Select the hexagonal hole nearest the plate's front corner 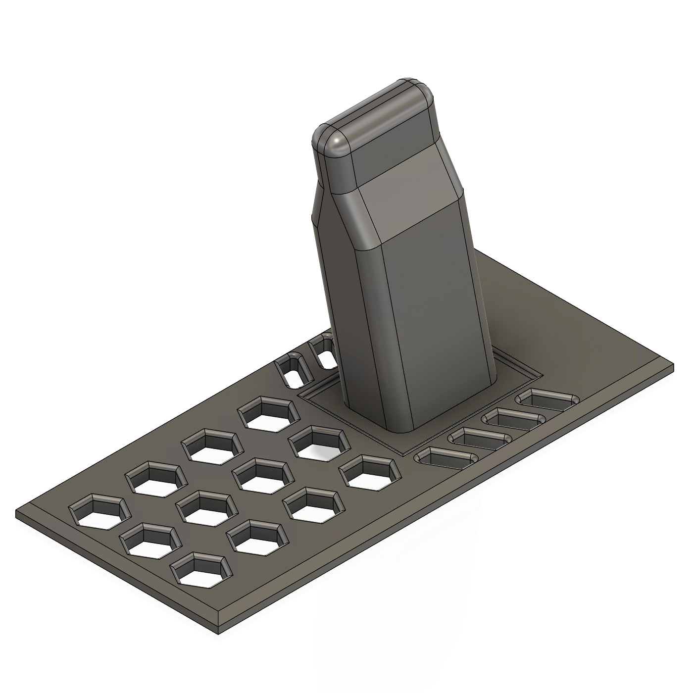tap(201, 571)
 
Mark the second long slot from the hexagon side tap(480, 438)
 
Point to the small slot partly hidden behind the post tap(324, 352)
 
